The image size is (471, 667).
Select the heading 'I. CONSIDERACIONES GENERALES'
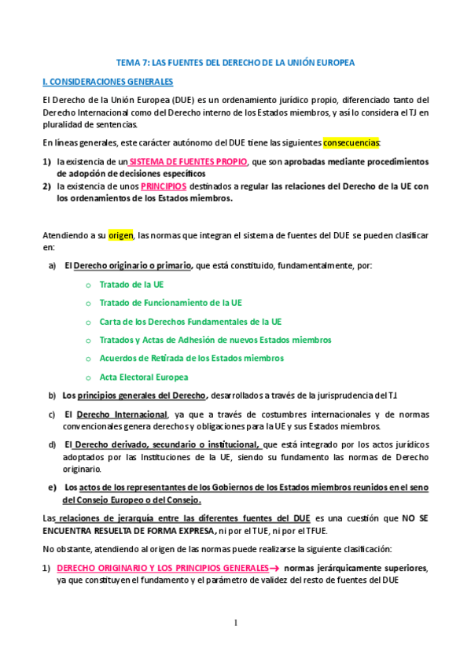click(x=108, y=81)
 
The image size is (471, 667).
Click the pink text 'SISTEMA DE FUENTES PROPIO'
click(x=187, y=161)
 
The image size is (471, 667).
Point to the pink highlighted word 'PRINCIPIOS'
click(x=164, y=187)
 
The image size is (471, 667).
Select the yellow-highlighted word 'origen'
click(x=121, y=234)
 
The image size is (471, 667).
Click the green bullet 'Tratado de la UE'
click(x=131, y=285)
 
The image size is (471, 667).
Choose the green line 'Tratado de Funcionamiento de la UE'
click(x=171, y=303)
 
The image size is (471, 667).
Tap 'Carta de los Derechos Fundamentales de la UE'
click(x=190, y=322)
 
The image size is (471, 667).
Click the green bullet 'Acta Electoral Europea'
click(x=144, y=377)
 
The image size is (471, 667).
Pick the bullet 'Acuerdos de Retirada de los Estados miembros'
click(x=191, y=359)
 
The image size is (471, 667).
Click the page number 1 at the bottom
click(x=234, y=623)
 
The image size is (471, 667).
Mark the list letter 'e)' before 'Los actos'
click(x=53, y=487)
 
